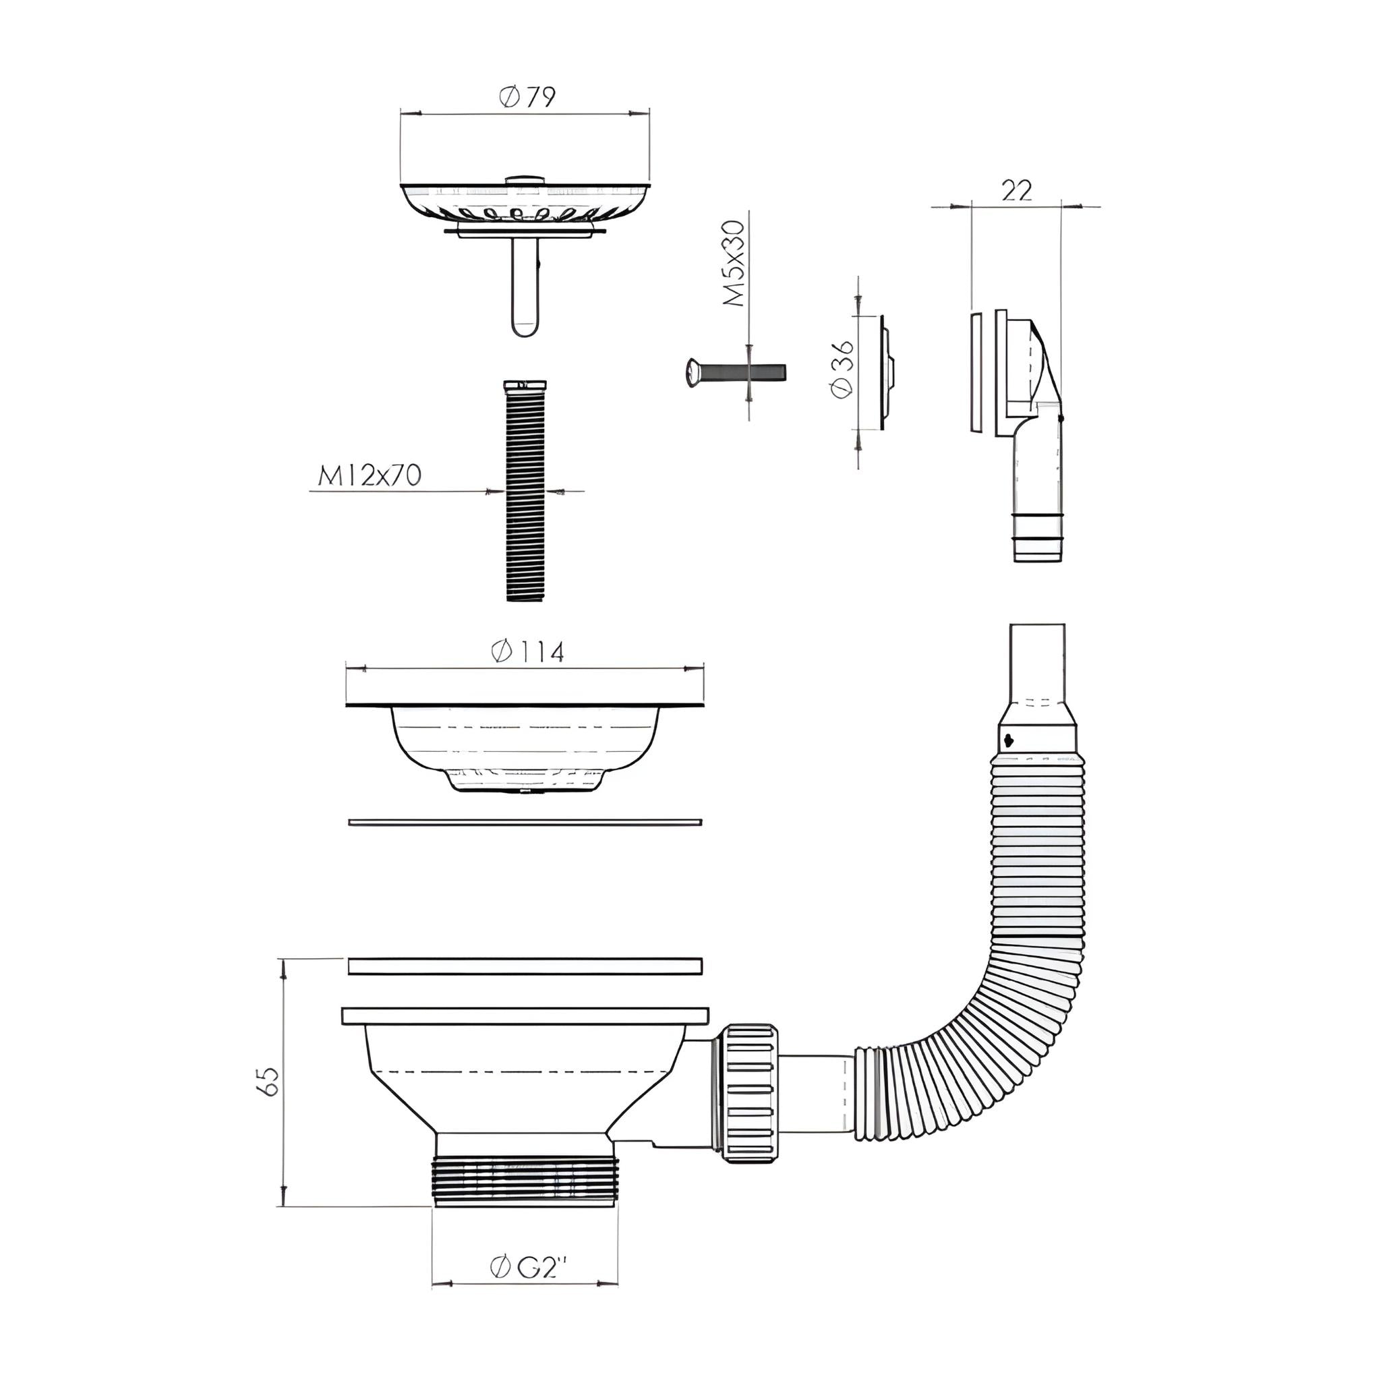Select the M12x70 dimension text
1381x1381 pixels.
coord(370,475)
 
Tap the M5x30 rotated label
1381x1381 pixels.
coord(734,264)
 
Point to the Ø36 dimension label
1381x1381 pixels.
coord(843,368)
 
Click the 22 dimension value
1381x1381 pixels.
coord(1016,191)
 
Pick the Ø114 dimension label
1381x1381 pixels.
coord(527,652)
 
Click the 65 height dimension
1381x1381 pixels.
coord(269,1082)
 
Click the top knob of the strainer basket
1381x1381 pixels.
coord(525,179)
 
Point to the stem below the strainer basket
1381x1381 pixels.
coord(525,289)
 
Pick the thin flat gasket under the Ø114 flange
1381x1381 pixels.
coord(525,823)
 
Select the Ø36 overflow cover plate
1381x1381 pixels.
coord(886,372)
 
